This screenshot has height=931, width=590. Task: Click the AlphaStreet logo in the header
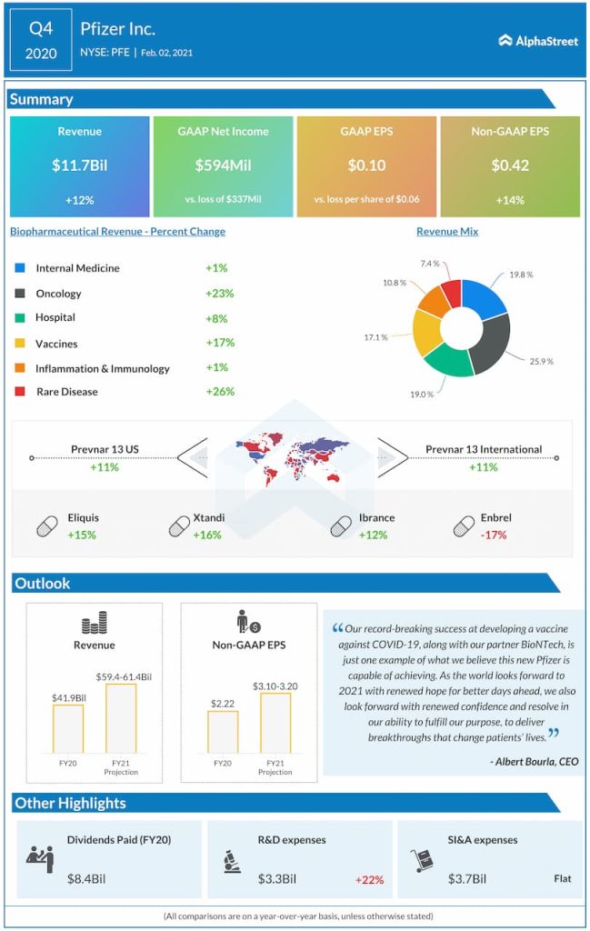(538, 41)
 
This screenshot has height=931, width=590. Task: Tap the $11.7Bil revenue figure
(79, 165)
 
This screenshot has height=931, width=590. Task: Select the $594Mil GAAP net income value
(223, 165)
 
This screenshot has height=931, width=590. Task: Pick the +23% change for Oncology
(220, 294)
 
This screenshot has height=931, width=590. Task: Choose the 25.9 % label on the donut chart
(541, 361)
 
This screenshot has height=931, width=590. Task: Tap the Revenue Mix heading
(447, 232)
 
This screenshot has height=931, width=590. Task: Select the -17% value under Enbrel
(495, 535)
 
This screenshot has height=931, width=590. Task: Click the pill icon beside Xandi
(179, 526)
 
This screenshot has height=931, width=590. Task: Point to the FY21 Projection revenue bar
(121, 718)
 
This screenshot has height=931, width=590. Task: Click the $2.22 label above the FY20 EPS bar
(223, 703)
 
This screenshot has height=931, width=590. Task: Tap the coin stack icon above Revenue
(95, 624)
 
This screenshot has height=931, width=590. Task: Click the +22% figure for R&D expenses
(369, 879)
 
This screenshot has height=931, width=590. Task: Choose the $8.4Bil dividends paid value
(86, 878)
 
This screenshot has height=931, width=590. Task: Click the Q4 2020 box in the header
(41, 41)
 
